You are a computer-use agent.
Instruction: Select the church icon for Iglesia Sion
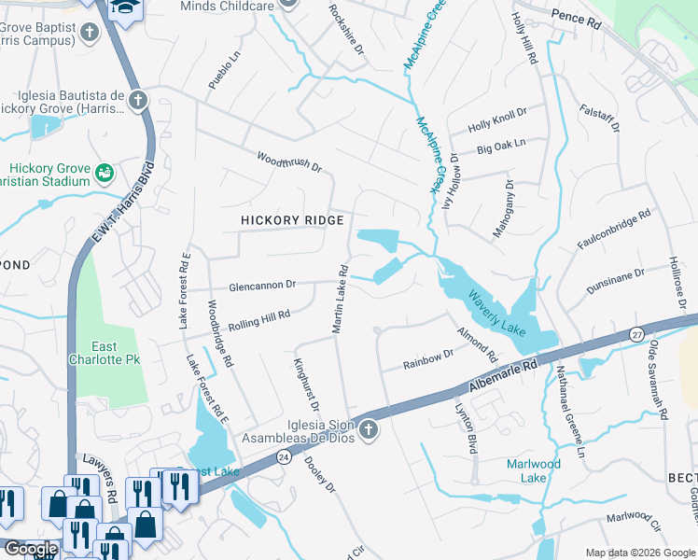[x=369, y=430]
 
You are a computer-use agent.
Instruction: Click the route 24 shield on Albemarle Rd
[x=284, y=456]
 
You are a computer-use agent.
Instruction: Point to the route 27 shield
[x=637, y=333]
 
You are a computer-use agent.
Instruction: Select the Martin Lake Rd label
[x=340, y=300]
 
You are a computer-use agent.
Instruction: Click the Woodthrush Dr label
[x=288, y=161]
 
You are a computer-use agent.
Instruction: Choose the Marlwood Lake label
[x=534, y=470]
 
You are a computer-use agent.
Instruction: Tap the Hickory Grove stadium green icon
[x=105, y=172]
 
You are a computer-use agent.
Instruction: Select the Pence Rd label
[x=576, y=17]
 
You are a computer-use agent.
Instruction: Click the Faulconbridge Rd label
[x=614, y=231]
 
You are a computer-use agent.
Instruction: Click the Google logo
[x=31, y=550]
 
